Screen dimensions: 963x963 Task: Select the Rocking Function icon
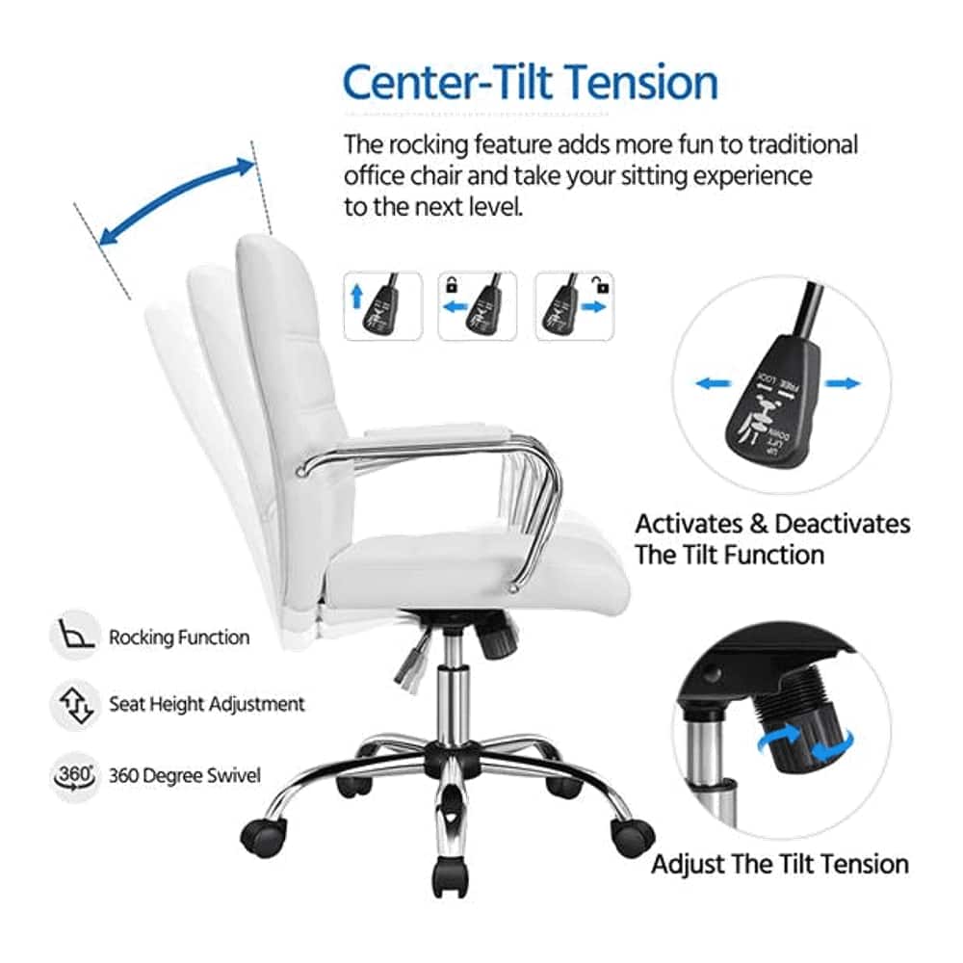click(73, 636)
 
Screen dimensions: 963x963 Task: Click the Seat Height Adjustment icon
click(73, 704)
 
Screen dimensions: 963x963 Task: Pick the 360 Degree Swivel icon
click(73, 775)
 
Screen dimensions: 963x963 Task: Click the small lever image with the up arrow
click(383, 305)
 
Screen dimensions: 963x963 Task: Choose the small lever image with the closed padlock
click(477, 305)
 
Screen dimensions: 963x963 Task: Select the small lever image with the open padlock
click(573, 305)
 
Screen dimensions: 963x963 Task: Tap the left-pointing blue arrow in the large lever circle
click(712, 383)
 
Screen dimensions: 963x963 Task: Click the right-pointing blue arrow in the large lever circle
click(844, 383)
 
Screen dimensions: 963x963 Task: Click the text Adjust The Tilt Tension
click(780, 864)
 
